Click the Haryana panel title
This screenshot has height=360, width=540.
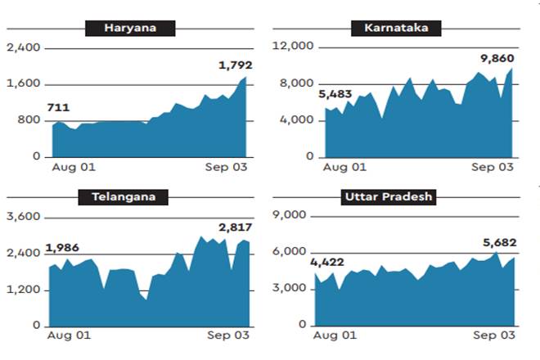(130, 29)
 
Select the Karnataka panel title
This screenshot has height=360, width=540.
(396, 29)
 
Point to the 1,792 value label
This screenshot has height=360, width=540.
(234, 65)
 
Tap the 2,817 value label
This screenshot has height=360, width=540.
(235, 227)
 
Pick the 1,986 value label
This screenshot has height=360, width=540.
(62, 248)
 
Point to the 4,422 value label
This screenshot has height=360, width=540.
(326, 262)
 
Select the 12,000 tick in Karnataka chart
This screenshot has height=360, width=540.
(295, 48)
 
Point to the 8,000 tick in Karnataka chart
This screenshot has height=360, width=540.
(298, 84)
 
